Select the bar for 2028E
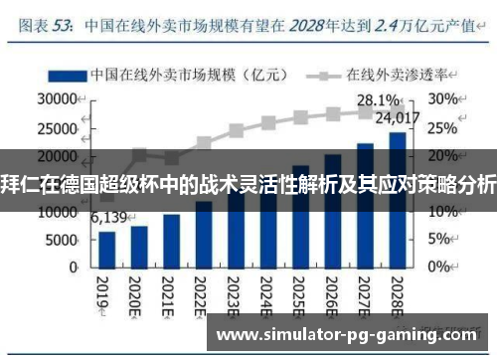397,200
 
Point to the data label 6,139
109,218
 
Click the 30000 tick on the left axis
58,99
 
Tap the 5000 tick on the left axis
62,240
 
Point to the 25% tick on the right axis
443,127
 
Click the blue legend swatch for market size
65,75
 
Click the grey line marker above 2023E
237,130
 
